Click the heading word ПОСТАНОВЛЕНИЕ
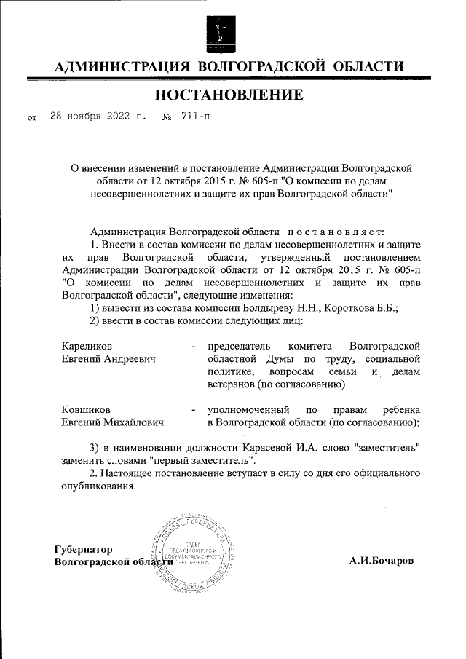(x=228, y=94)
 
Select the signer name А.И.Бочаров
(x=381, y=561)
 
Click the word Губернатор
(x=88, y=549)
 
